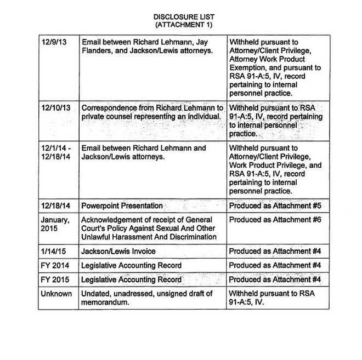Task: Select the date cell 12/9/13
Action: click(x=54, y=42)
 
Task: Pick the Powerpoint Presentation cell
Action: click(x=122, y=206)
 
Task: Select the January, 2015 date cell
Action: click(x=56, y=224)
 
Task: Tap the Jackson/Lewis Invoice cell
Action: click(x=118, y=252)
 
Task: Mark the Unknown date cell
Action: click(x=56, y=294)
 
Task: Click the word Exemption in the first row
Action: click(x=248, y=68)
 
